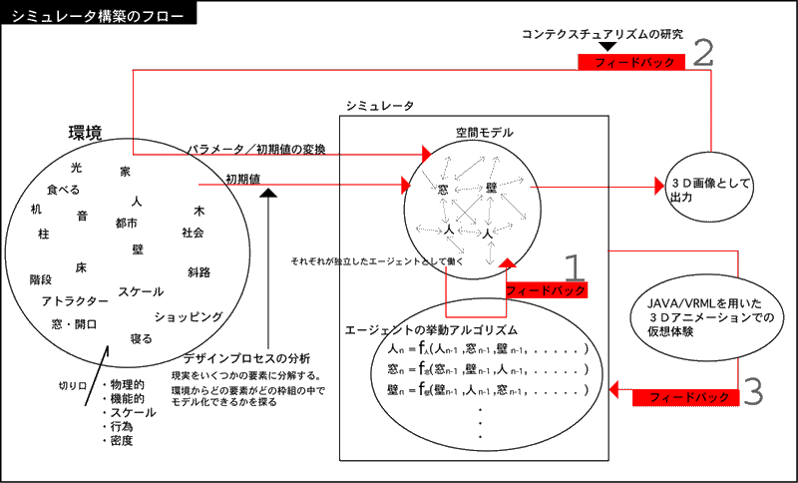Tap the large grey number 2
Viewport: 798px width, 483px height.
pos(705,52)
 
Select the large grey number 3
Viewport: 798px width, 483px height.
pos(753,390)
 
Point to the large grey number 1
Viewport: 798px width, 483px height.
pos(574,266)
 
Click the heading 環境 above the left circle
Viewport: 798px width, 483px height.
pos(85,133)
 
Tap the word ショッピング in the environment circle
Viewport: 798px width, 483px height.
pos(188,316)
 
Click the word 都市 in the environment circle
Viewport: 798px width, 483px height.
pos(127,222)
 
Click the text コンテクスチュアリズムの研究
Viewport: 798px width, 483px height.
pos(602,34)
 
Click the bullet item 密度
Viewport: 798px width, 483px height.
pos(122,440)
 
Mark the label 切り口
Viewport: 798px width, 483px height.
pos(73,384)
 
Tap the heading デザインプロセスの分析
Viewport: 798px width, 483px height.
pos(246,358)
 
